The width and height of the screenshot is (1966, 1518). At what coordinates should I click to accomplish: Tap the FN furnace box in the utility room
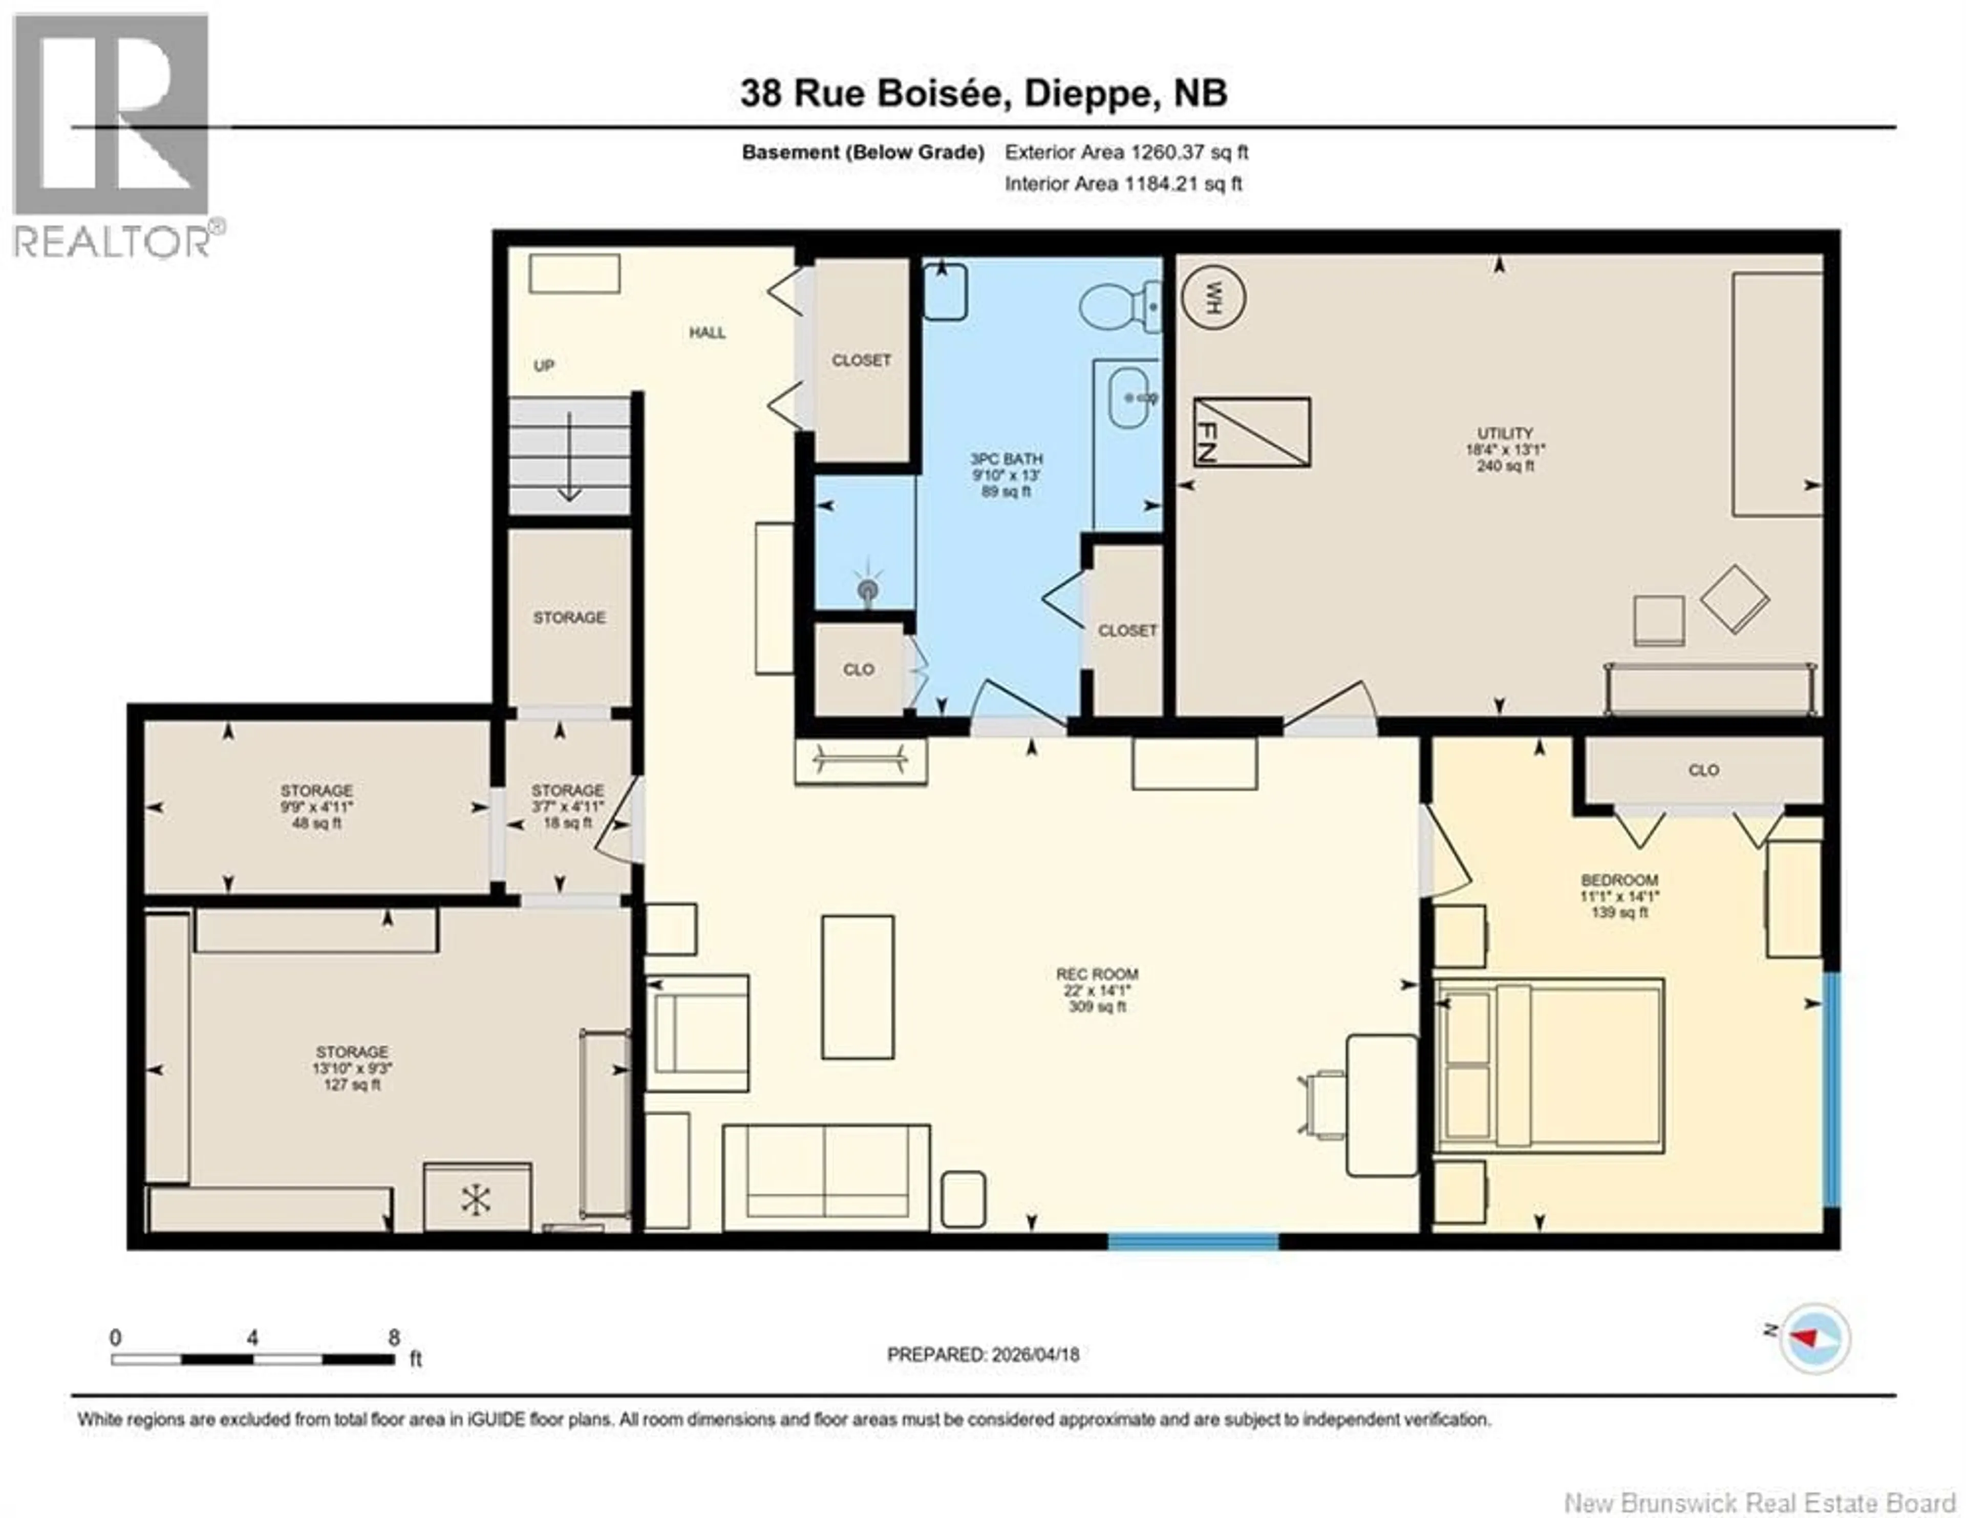(1251, 432)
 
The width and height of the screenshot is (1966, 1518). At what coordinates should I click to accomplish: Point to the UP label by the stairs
(544, 366)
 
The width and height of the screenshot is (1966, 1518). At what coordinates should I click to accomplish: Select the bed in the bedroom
(1548, 1066)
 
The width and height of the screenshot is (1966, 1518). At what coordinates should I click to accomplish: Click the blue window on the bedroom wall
(1830, 1089)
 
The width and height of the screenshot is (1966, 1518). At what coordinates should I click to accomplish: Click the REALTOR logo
(113, 135)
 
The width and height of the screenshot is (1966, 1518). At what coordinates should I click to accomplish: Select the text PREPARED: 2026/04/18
(983, 1379)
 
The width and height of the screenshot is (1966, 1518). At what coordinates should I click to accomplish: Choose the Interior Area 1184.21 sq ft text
(1123, 184)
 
